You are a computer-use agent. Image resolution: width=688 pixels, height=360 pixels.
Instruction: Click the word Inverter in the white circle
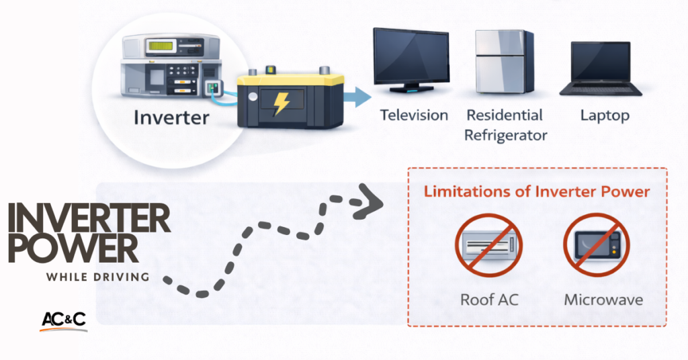171,118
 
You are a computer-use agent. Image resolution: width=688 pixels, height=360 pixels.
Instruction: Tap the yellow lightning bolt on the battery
280,103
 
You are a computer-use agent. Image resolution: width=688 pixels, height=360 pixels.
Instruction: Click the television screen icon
411,60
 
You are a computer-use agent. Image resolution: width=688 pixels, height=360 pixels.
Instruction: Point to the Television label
414,115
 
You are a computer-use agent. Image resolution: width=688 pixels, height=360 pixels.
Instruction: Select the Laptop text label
605,115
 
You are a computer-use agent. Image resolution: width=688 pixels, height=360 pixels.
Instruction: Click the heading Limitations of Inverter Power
537,192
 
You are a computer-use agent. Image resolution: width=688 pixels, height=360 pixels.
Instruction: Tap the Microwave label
603,299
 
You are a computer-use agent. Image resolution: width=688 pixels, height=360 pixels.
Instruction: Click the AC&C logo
63,320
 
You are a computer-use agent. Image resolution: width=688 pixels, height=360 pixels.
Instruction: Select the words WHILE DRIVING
97,277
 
